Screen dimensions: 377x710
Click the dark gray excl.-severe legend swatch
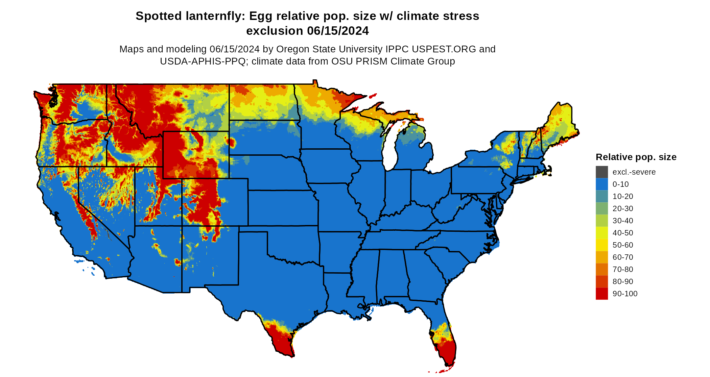coord(601,172)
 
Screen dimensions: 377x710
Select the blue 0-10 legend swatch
coord(601,184)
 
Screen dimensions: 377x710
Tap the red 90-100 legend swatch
coord(601,294)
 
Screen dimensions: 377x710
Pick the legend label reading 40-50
coord(623,233)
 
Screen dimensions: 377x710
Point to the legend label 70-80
coord(623,269)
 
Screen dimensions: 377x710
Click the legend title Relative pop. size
coord(636,157)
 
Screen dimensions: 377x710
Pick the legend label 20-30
coord(623,208)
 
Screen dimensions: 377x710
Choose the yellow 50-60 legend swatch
coord(601,245)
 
